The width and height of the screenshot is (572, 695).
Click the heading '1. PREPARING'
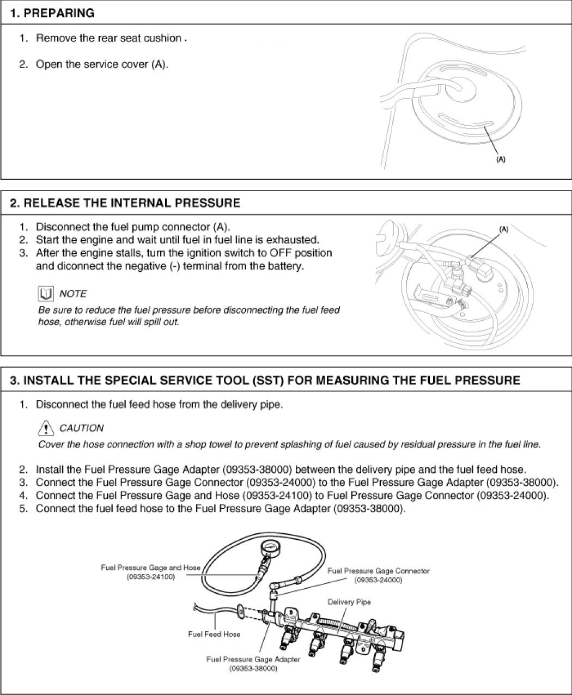click(x=52, y=13)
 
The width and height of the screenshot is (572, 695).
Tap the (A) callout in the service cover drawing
click(x=500, y=160)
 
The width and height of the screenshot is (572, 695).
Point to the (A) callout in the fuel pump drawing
click(x=504, y=229)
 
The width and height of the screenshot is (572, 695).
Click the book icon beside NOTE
click(x=46, y=294)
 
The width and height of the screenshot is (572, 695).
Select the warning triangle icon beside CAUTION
click(x=46, y=428)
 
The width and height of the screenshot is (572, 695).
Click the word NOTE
click(x=73, y=294)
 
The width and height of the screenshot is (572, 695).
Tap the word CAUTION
click(x=81, y=428)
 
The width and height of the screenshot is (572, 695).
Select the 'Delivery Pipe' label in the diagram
click(x=349, y=602)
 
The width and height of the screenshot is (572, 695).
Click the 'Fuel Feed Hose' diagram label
click(x=214, y=634)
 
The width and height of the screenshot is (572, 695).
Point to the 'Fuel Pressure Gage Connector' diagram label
click(x=378, y=571)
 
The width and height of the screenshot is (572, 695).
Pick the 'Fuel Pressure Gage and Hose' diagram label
click(x=150, y=568)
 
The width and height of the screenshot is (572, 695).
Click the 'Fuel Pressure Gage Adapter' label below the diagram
click(x=253, y=659)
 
